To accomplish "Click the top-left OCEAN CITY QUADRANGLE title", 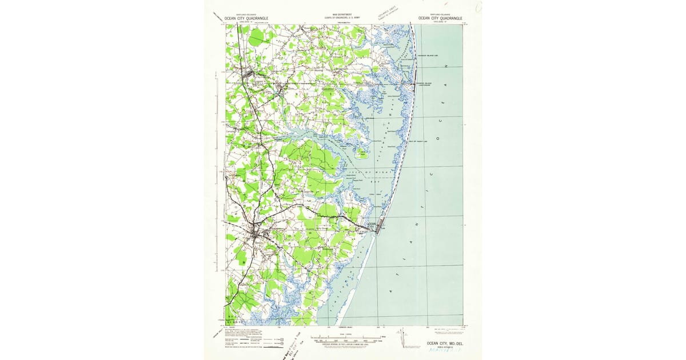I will (246, 18).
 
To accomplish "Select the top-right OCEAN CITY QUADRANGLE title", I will (440, 18).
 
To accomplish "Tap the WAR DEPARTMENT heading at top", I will (342, 15).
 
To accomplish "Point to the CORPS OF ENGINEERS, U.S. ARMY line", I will (342, 18).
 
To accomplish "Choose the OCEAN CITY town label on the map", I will (371, 226).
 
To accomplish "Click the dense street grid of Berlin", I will (257, 233).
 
